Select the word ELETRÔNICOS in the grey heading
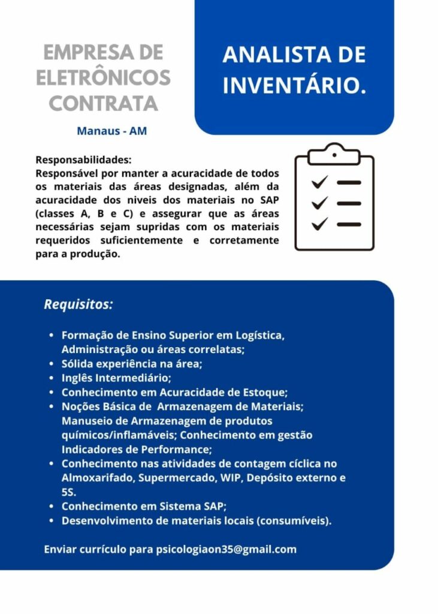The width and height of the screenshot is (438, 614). [103, 78]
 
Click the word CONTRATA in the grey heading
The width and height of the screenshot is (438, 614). [103, 103]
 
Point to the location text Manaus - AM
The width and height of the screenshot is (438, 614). [111, 131]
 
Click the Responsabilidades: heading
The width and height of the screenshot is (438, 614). [83, 160]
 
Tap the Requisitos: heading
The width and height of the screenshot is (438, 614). [78, 304]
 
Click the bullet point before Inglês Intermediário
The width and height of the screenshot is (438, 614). [52, 378]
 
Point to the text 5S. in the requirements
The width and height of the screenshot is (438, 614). [69, 492]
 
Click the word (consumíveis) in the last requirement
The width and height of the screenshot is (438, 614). [294, 520]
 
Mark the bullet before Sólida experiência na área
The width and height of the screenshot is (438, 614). [52, 364]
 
